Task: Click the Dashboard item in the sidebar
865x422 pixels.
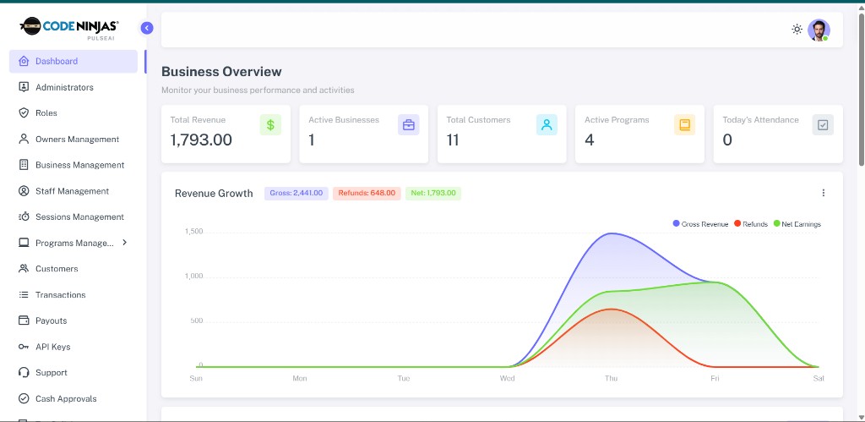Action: point(73,61)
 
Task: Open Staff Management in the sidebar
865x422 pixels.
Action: point(72,191)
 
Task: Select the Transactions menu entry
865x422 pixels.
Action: point(60,295)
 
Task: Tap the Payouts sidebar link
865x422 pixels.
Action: point(51,321)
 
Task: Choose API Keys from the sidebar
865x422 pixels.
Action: point(52,347)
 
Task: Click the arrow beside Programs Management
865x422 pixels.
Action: point(125,243)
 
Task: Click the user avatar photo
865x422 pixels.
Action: point(819,30)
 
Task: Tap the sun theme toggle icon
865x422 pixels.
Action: point(797,30)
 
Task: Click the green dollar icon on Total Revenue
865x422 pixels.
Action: point(270,125)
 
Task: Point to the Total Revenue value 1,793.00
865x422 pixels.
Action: point(201,140)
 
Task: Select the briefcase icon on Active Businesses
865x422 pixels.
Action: point(408,125)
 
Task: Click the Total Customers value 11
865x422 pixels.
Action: point(453,140)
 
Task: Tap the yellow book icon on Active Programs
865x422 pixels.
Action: point(684,125)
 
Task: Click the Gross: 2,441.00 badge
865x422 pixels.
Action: point(296,194)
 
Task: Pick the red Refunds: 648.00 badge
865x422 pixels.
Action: point(367,194)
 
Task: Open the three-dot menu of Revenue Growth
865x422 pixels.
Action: point(824,193)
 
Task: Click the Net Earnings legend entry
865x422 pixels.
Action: point(797,224)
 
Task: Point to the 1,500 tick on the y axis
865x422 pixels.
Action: point(193,232)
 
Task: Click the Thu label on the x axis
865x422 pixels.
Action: point(611,378)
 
